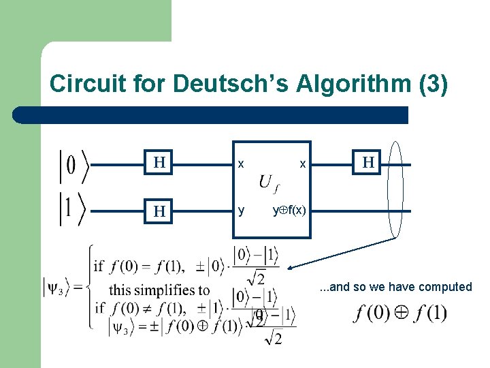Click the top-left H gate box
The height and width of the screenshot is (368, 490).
(159, 163)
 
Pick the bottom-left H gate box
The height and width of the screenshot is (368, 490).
(159, 211)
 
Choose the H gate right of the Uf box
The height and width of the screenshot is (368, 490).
(368, 163)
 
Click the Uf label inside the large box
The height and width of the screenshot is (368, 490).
(268, 183)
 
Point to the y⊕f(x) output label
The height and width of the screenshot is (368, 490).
(289, 211)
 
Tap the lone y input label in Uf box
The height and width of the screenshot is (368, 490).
(241, 211)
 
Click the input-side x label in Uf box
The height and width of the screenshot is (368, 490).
(240, 164)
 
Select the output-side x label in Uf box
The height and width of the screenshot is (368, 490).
(303, 164)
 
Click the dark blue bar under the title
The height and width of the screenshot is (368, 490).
(211, 114)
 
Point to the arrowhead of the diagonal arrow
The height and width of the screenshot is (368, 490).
(291, 267)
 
